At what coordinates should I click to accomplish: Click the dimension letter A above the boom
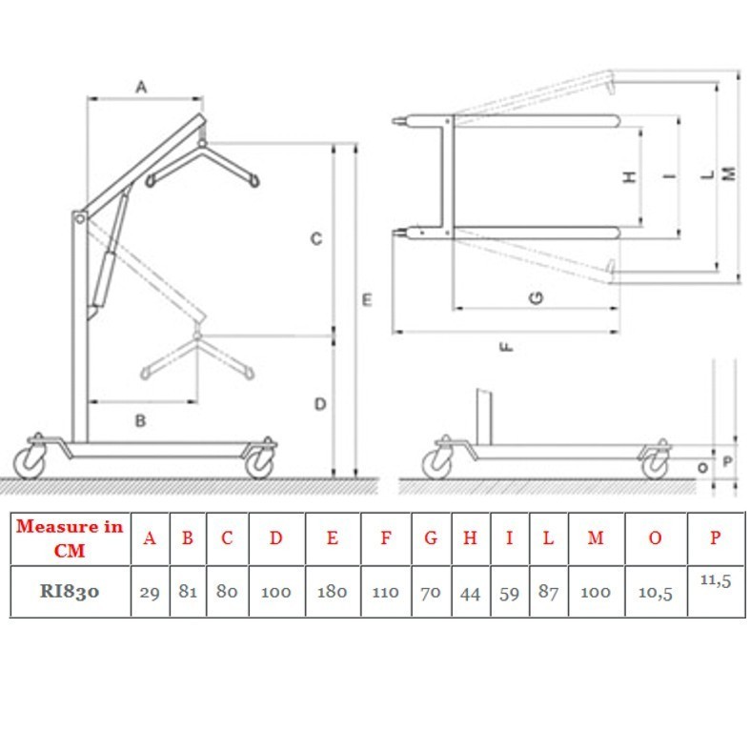point(141,87)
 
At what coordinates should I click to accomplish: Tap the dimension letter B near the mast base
point(140,421)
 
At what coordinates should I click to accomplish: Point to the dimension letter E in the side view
point(367,300)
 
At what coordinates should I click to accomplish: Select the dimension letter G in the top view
point(537,298)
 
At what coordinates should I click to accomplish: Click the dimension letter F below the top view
point(506,346)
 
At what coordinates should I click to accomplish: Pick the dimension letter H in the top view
point(631,177)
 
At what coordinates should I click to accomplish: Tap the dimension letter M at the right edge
point(728,173)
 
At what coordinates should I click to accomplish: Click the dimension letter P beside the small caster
point(727,461)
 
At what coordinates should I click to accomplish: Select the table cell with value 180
point(333,592)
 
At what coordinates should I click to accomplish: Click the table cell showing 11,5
point(716,592)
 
